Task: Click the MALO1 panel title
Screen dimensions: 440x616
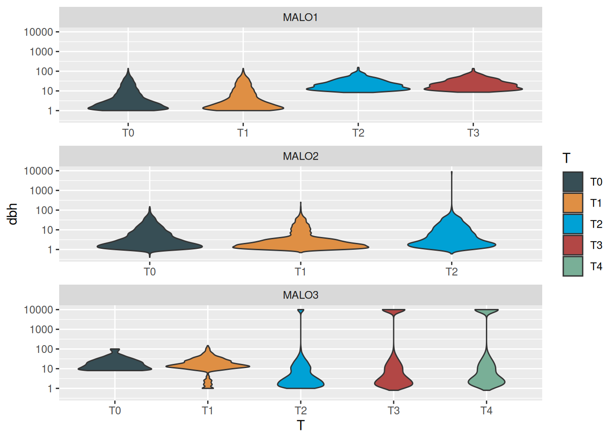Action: pos(300,17)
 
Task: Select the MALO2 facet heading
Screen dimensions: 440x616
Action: pos(300,156)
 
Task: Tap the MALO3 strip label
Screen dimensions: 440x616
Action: pos(300,295)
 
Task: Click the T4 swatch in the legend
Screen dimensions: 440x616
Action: pos(572,266)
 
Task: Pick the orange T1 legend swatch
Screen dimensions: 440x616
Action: pos(572,203)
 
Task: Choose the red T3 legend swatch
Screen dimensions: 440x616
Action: pos(572,245)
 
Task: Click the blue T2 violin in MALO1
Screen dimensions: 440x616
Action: pos(358,85)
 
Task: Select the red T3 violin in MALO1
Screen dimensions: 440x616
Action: pos(473,85)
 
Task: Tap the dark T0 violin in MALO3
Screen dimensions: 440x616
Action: pos(115,363)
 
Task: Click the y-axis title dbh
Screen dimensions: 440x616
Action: pos(12,214)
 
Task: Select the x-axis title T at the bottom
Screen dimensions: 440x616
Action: pos(300,425)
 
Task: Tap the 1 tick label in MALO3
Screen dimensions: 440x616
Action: pos(50,389)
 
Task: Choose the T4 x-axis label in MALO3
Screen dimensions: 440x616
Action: pos(486,411)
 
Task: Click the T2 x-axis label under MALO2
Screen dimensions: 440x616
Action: pos(451,272)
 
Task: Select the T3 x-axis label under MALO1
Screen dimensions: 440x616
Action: pos(473,133)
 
